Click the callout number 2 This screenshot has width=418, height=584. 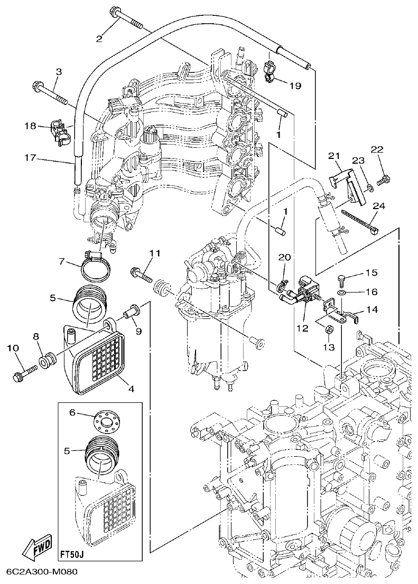(98, 37)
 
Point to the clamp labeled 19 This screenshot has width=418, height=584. (271, 73)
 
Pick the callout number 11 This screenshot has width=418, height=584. (153, 254)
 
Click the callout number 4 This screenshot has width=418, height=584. (131, 389)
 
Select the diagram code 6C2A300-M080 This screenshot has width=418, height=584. (42, 573)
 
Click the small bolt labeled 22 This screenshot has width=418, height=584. (384, 180)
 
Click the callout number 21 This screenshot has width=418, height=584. (333, 155)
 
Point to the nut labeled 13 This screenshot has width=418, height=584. (327, 331)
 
